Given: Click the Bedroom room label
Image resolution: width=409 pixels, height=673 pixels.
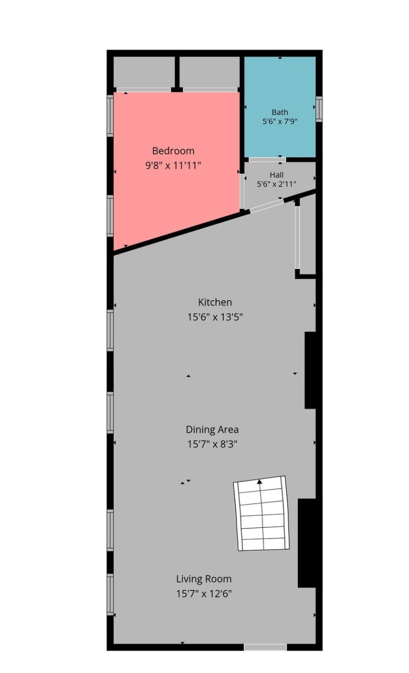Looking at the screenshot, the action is (x=173, y=151).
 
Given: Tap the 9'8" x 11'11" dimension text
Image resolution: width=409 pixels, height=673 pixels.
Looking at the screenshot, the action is (x=173, y=165).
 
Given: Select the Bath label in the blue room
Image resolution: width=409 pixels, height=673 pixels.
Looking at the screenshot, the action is (x=280, y=112).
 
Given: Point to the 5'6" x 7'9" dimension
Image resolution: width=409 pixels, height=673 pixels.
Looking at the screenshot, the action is (x=280, y=121).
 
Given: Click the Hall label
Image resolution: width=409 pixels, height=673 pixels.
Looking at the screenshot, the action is (x=277, y=175).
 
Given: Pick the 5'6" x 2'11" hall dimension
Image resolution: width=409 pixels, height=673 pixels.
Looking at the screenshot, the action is (x=277, y=184).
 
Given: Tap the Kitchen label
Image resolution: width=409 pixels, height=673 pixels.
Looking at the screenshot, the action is (x=215, y=302).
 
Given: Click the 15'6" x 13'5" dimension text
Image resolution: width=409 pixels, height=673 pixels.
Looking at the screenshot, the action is (x=215, y=317).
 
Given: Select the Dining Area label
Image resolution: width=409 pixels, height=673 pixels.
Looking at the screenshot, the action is (x=212, y=430).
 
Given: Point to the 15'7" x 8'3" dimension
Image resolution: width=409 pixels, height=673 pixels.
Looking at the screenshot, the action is (x=212, y=444).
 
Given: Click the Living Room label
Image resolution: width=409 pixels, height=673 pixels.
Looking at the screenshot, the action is (x=204, y=579).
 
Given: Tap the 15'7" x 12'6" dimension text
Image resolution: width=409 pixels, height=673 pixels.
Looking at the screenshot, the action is (x=204, y=594).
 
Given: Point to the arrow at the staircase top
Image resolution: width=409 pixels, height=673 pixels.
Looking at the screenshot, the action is (x=259, y=482).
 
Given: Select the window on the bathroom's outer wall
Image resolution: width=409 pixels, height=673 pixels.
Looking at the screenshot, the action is (x=319, y=109).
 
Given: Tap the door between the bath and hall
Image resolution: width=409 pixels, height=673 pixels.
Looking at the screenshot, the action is (x=267, y=159).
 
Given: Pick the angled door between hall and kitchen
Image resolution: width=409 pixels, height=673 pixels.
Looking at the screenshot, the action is (x=267, y=206).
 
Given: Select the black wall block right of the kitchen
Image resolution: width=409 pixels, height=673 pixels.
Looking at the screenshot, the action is (x=310, y=370).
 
